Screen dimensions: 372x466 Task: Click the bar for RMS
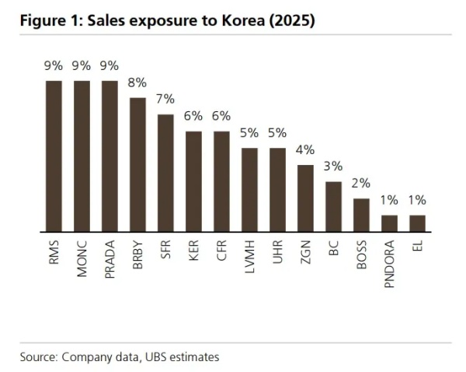pos(54,156)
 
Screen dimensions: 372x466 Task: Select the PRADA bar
pos(110,156)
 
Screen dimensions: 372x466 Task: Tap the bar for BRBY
pos(137,165)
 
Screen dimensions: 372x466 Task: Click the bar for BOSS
pos(361,216)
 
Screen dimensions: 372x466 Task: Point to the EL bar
pos(417,224)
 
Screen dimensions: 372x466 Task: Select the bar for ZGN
pos(305,198)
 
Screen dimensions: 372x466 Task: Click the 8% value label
pos(137,83)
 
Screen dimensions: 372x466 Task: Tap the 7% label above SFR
pos(165,100)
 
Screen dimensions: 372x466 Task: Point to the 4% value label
pos(305,150)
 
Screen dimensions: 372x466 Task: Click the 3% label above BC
pos(333,167)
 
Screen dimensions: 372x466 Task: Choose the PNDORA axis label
pos(389,265)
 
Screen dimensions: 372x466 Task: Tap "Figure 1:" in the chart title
pos(48,21)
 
